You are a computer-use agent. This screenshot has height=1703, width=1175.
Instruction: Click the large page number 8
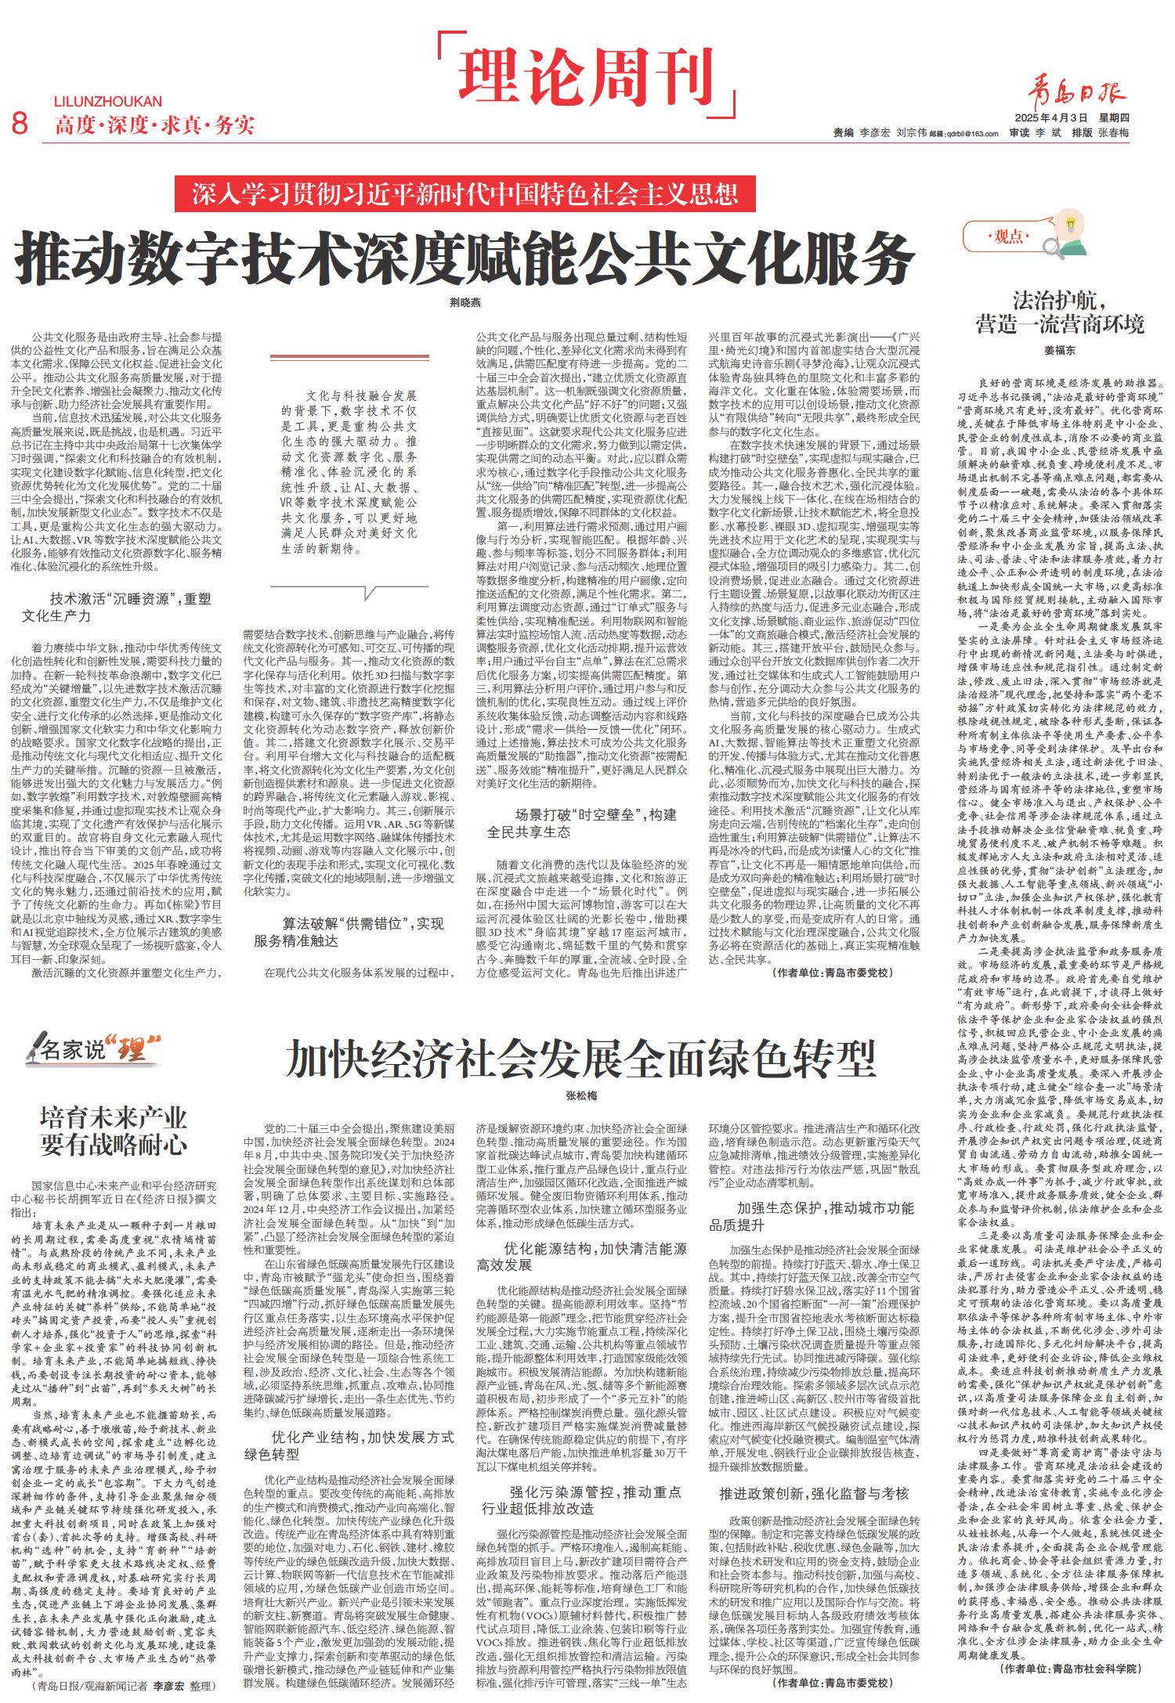point(20,124)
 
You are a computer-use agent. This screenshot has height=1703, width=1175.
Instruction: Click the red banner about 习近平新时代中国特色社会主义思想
point(465,193)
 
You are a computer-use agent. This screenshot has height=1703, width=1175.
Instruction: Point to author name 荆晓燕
point(465,302)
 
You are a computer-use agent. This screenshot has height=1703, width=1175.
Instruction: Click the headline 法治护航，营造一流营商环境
point(1060,312)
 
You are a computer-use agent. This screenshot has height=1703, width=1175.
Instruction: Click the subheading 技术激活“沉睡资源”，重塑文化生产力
point(117,607)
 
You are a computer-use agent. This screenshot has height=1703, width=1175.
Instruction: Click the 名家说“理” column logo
point(92,1048)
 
